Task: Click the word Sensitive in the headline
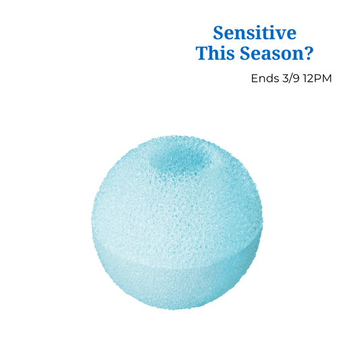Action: [x=255, y=32]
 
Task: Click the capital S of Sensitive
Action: [x=218, y=32]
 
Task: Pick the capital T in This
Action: [x=201, y=54]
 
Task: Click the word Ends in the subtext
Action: [x=264, y=78]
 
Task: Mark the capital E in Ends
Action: [x=255, y=78]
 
